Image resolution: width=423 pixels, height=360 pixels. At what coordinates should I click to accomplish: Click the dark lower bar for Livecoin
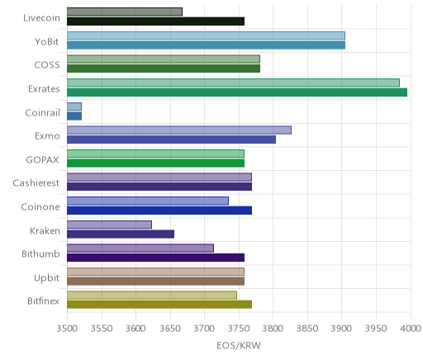[x=155, y=21]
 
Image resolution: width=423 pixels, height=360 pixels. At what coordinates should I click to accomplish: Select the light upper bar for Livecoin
[x=125, y=12]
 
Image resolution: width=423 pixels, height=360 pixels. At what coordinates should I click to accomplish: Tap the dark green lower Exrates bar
[x=237, y=92]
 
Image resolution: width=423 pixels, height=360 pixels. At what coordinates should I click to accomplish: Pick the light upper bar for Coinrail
[x=74, y=107]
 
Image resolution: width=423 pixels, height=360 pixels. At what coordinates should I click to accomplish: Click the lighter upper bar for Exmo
[x=179, y=130]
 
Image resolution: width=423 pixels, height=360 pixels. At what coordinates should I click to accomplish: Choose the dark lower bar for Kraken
[x=121, y=234]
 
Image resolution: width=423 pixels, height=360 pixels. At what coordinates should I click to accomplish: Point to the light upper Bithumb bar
[x=140, y=248]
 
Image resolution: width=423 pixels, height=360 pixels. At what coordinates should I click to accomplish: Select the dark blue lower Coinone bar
[x=159, y=211]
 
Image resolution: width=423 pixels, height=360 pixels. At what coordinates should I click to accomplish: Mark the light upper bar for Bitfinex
[x=152, y=296]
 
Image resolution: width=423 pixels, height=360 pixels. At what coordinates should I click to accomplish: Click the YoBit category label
[x=47, y=42]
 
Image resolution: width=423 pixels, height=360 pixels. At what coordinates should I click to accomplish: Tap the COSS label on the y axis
[x=47, y=65]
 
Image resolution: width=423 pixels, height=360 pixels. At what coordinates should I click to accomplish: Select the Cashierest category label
[x=36, y=183]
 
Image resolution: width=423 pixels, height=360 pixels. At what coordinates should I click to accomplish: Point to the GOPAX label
[x=43, y=160]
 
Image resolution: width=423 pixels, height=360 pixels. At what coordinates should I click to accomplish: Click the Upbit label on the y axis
[x=46, y=278]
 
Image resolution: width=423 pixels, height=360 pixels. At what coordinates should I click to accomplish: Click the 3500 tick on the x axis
[x=67, y=329]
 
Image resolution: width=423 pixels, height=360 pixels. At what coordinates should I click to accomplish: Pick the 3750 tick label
[x=239, y=329]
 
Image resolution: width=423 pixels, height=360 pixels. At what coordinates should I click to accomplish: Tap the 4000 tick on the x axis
[x=411, y=329]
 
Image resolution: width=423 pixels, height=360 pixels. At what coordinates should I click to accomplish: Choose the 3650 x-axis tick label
[x=170, y=329]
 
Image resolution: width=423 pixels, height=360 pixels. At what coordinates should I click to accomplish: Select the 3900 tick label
[x=342, y=329]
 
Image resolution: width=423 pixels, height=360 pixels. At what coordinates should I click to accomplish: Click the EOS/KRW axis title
[x=239, y=346]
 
